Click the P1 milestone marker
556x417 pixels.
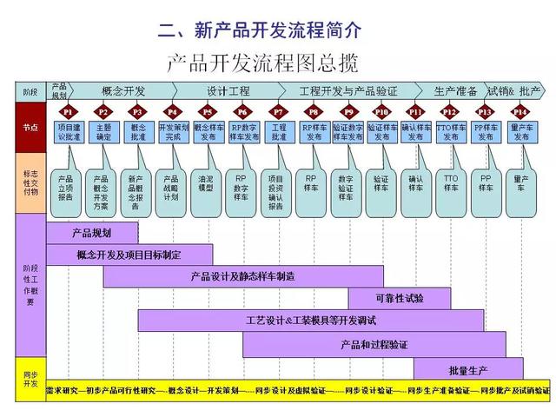pos(67,111)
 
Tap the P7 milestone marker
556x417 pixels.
pos(278,111)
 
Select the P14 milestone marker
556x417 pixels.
pos(520,111)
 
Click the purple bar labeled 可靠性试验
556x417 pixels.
pos(400,298)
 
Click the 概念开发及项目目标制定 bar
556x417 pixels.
pos(129,255)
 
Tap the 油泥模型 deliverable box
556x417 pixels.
pos(206,182)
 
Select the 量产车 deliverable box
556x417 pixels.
pos(520,182)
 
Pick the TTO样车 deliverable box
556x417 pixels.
pos(450,182)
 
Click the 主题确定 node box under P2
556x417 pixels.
pos(103,133)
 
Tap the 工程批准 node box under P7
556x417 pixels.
pos(278,133)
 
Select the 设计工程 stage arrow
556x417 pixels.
pos(228,90)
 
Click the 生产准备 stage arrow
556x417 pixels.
pos(454,90)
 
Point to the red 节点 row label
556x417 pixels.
pos(30,127)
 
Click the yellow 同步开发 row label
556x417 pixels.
pos(30,379)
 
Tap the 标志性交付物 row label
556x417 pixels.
pos(30,182)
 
